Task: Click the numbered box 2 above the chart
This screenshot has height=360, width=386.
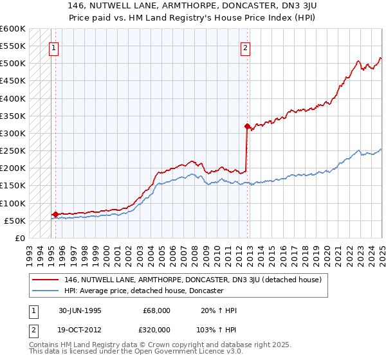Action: pos(246,46)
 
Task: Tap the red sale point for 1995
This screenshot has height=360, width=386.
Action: pos(55,214)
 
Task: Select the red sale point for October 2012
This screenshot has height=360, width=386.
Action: pos(247,126)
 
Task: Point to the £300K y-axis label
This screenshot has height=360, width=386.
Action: pos(13,134)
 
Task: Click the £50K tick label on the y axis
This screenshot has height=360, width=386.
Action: pos(15,221)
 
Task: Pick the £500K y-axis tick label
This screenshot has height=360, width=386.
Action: pos(13,64)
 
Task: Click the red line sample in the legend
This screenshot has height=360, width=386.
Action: pos(46,280)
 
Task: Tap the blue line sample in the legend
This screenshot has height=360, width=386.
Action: pos(46,291)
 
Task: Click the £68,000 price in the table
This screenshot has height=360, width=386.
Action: pos(157,310)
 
